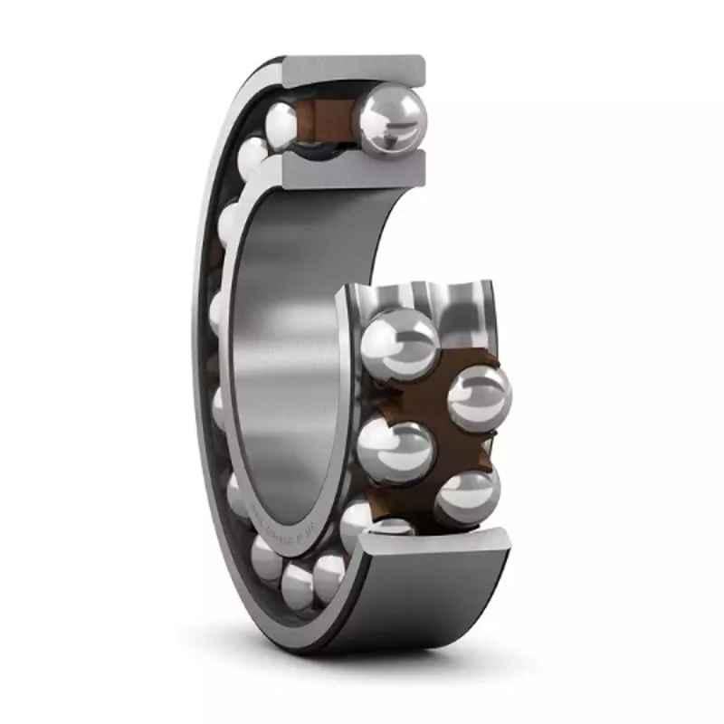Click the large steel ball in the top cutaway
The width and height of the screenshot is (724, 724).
391,117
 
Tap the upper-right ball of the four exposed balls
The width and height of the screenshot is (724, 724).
479,395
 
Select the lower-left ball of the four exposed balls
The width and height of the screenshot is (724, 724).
395,451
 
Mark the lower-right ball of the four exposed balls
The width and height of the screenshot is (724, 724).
467,497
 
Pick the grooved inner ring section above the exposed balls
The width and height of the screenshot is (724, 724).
425,294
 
